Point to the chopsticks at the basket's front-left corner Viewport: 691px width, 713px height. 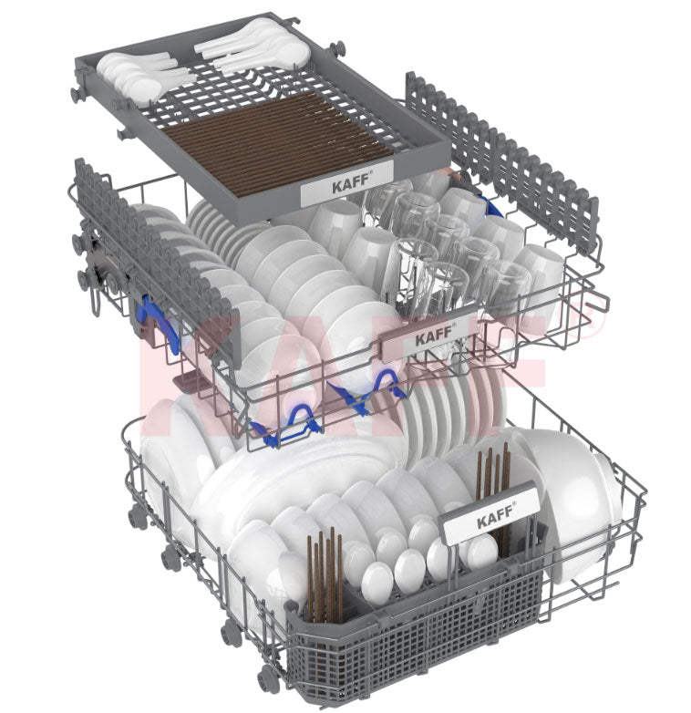[325, 572]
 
